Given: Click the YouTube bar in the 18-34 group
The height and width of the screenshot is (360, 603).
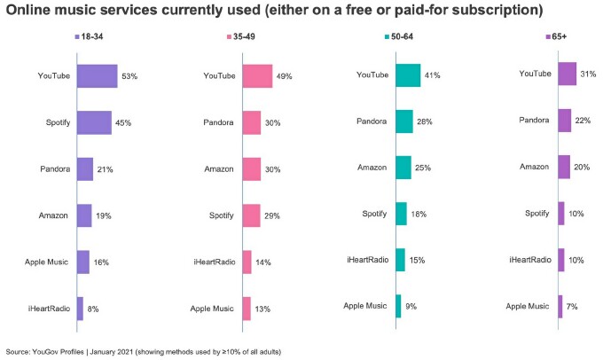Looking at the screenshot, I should [x=97, y=76].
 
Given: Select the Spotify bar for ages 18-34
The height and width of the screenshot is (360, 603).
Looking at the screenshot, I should [x=94, y=122].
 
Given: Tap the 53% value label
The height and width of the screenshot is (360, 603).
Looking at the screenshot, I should [x=130, y=76].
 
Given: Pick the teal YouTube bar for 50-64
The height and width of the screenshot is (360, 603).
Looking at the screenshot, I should [x=408, y=76].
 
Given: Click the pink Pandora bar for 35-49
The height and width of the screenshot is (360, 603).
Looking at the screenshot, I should [x=251, y=122].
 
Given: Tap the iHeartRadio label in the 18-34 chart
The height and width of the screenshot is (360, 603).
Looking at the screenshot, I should [x=50, y=308].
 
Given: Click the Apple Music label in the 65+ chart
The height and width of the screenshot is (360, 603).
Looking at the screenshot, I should [x=527, y=306].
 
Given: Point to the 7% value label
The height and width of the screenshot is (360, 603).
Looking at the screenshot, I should [x=573, y=306].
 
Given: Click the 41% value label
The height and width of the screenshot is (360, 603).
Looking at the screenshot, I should [x=433, y=76].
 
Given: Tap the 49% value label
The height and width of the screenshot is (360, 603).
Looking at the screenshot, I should [x=285, y=76].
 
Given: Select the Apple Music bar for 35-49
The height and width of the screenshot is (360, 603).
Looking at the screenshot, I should [x=247, y=308].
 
